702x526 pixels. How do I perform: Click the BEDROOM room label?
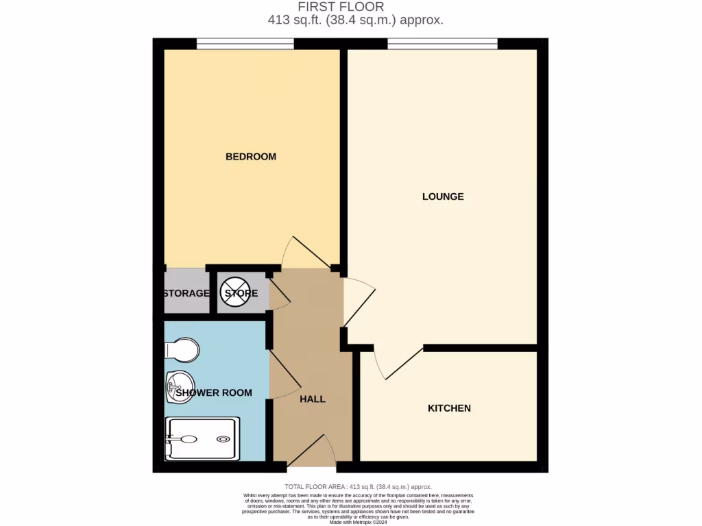click(251, 157)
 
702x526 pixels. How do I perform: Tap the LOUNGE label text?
click(443, 197)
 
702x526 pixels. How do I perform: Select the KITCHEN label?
click(449, 408)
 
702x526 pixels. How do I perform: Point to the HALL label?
click(313, 399)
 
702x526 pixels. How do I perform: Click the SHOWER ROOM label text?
click(214, 393)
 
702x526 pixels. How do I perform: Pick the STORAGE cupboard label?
click(186, 294)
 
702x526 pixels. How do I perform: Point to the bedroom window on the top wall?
click(245, 44)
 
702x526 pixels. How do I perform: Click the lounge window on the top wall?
click(442, 44)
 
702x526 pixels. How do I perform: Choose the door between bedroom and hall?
click(306, 253)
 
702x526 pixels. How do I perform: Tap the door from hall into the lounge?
click(359, 301)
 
